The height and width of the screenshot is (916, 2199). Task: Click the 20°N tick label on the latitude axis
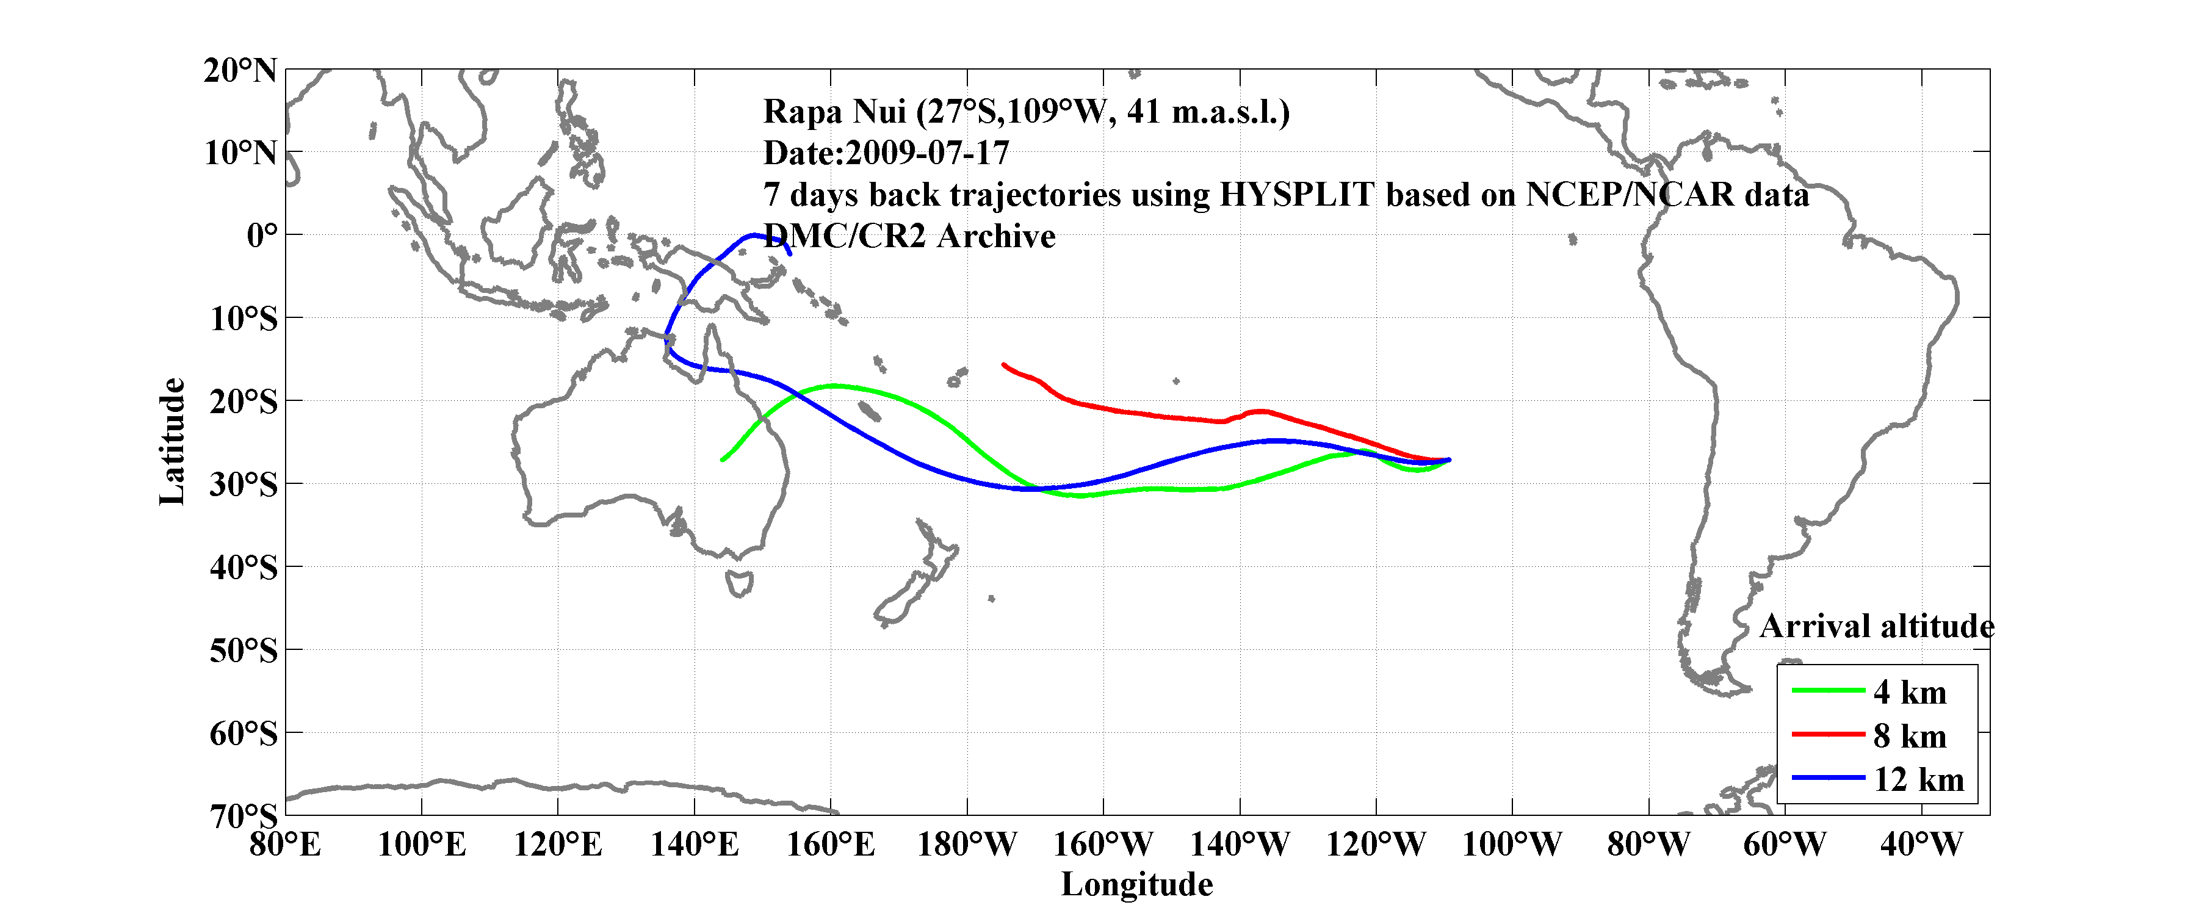click(240, 71)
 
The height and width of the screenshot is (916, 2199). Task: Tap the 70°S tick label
click(244, 816)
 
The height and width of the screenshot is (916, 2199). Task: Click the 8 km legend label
click(1910, 736)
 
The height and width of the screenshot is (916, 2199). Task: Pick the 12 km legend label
click(1918, 779)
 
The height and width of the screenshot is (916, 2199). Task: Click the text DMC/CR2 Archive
click(909, 236)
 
